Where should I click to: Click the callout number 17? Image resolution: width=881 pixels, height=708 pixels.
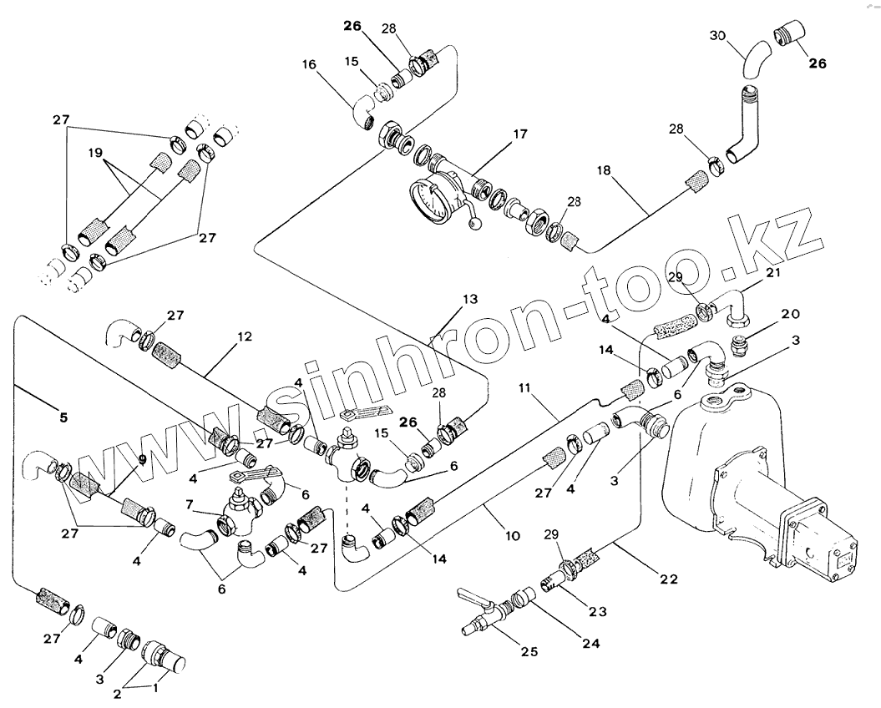pyautogui.click(x=520, y=134)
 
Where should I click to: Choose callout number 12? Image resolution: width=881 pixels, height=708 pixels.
pyautogui.click(x=244, y=337)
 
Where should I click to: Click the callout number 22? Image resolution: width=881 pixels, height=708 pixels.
pyautogui.click(x=646, y=578)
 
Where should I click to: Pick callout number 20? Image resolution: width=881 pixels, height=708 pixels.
pyautogui.click(x=790, y=314)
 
